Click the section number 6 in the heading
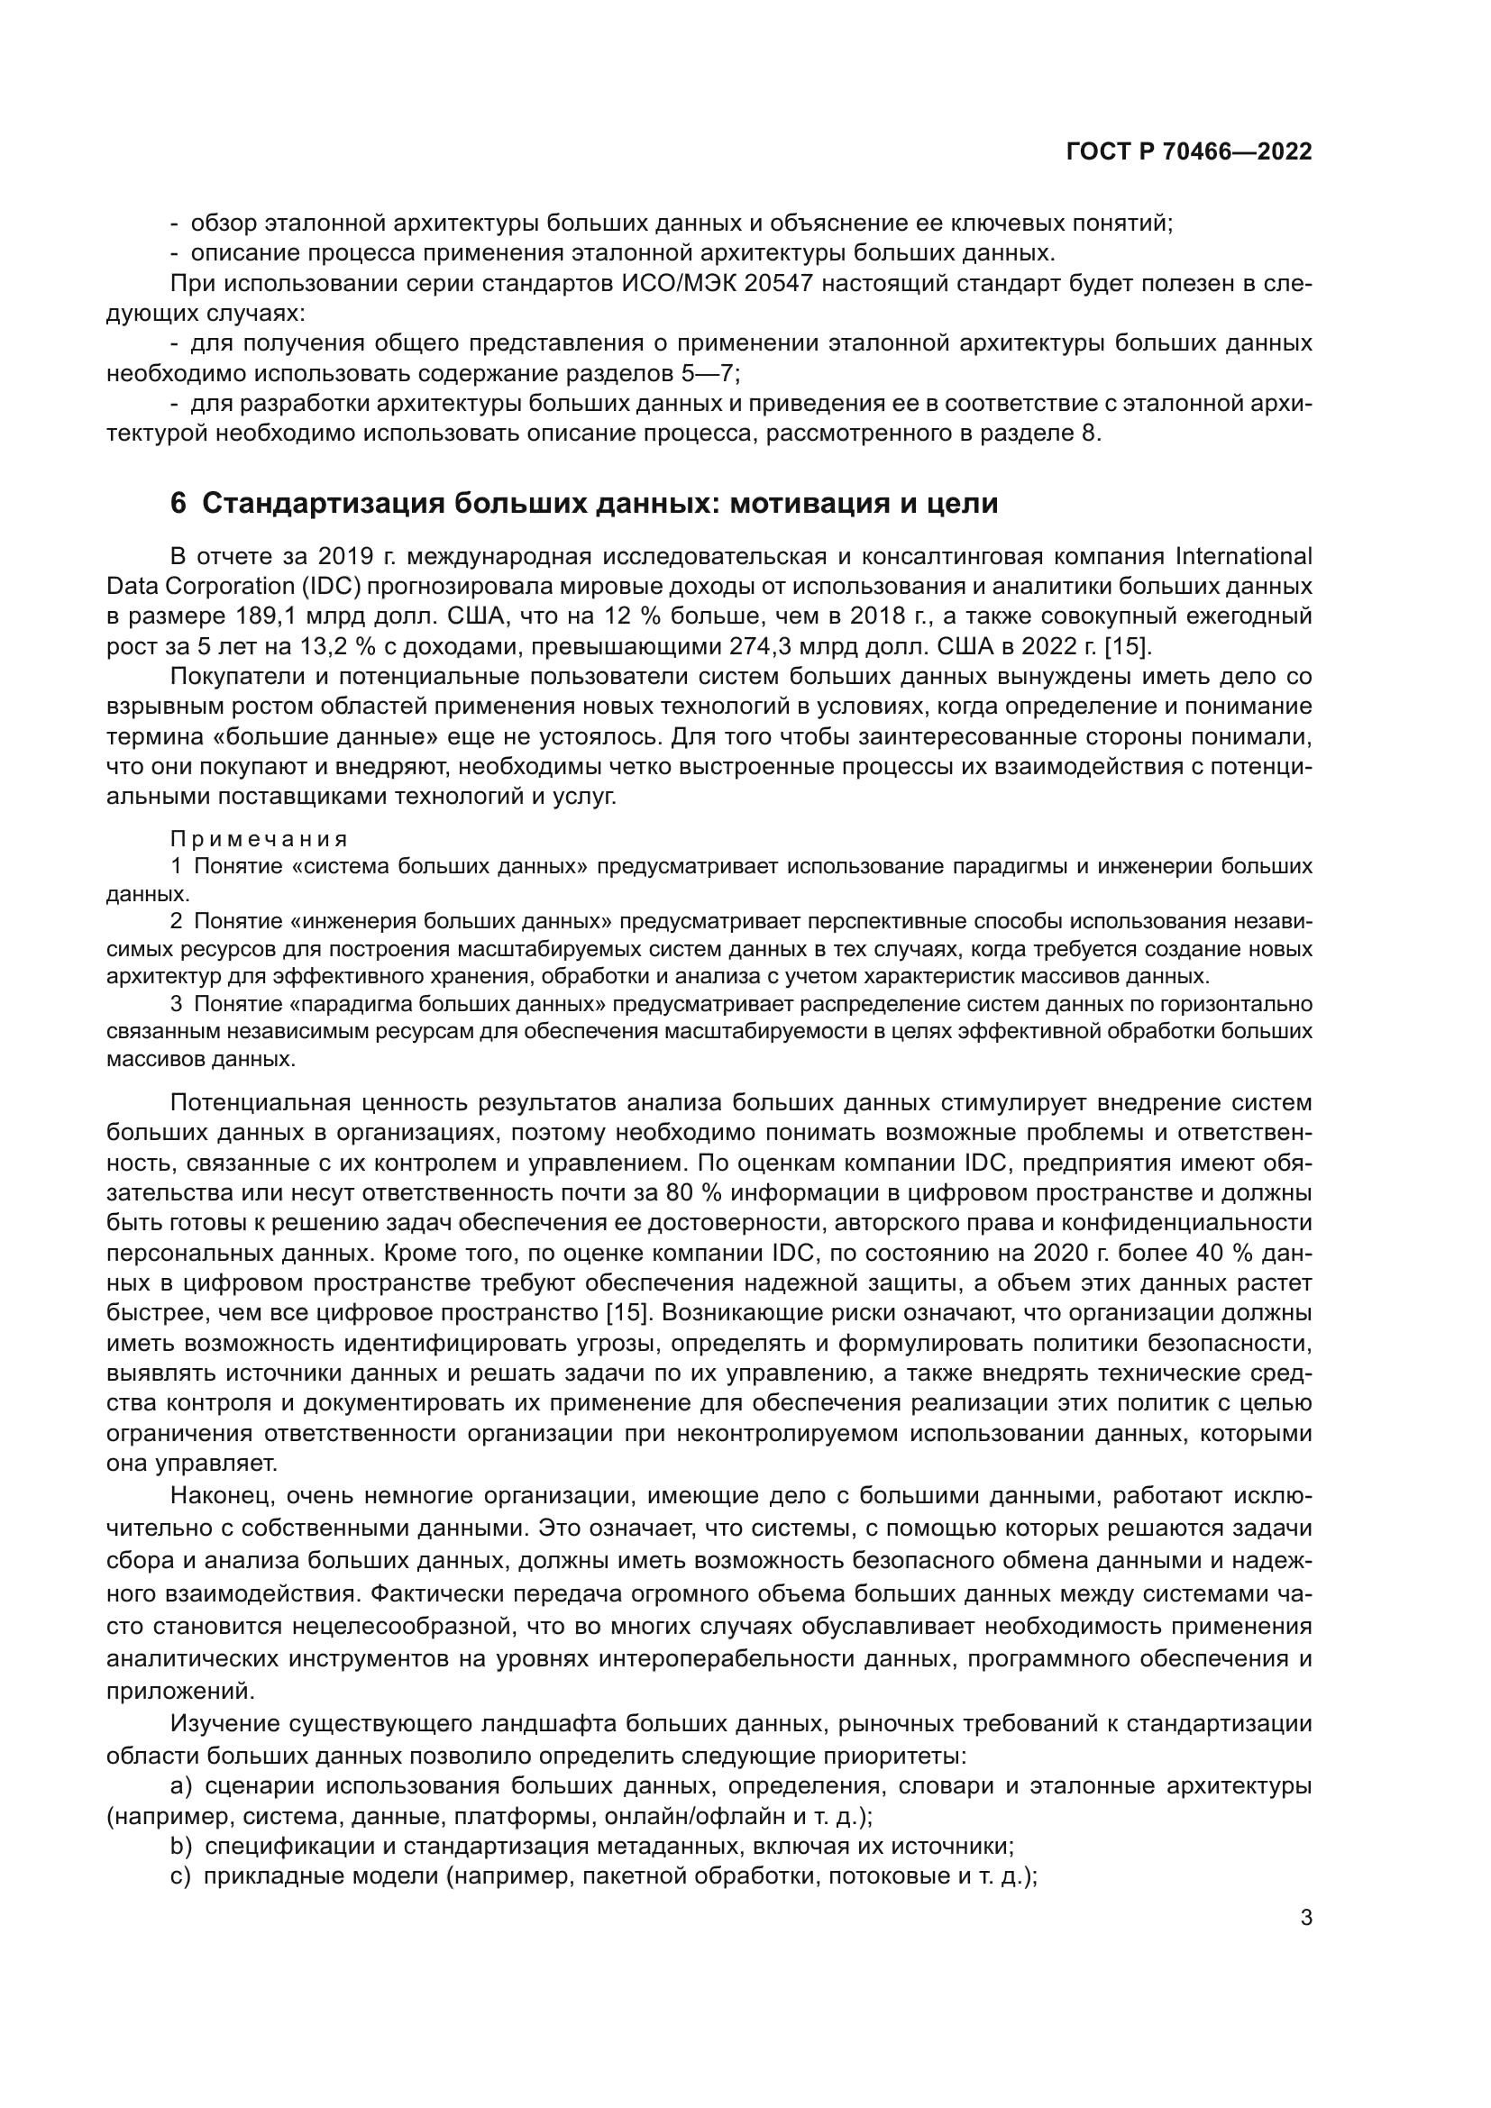click(x=178, y=504)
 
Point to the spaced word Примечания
click(x=259, y=839)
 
